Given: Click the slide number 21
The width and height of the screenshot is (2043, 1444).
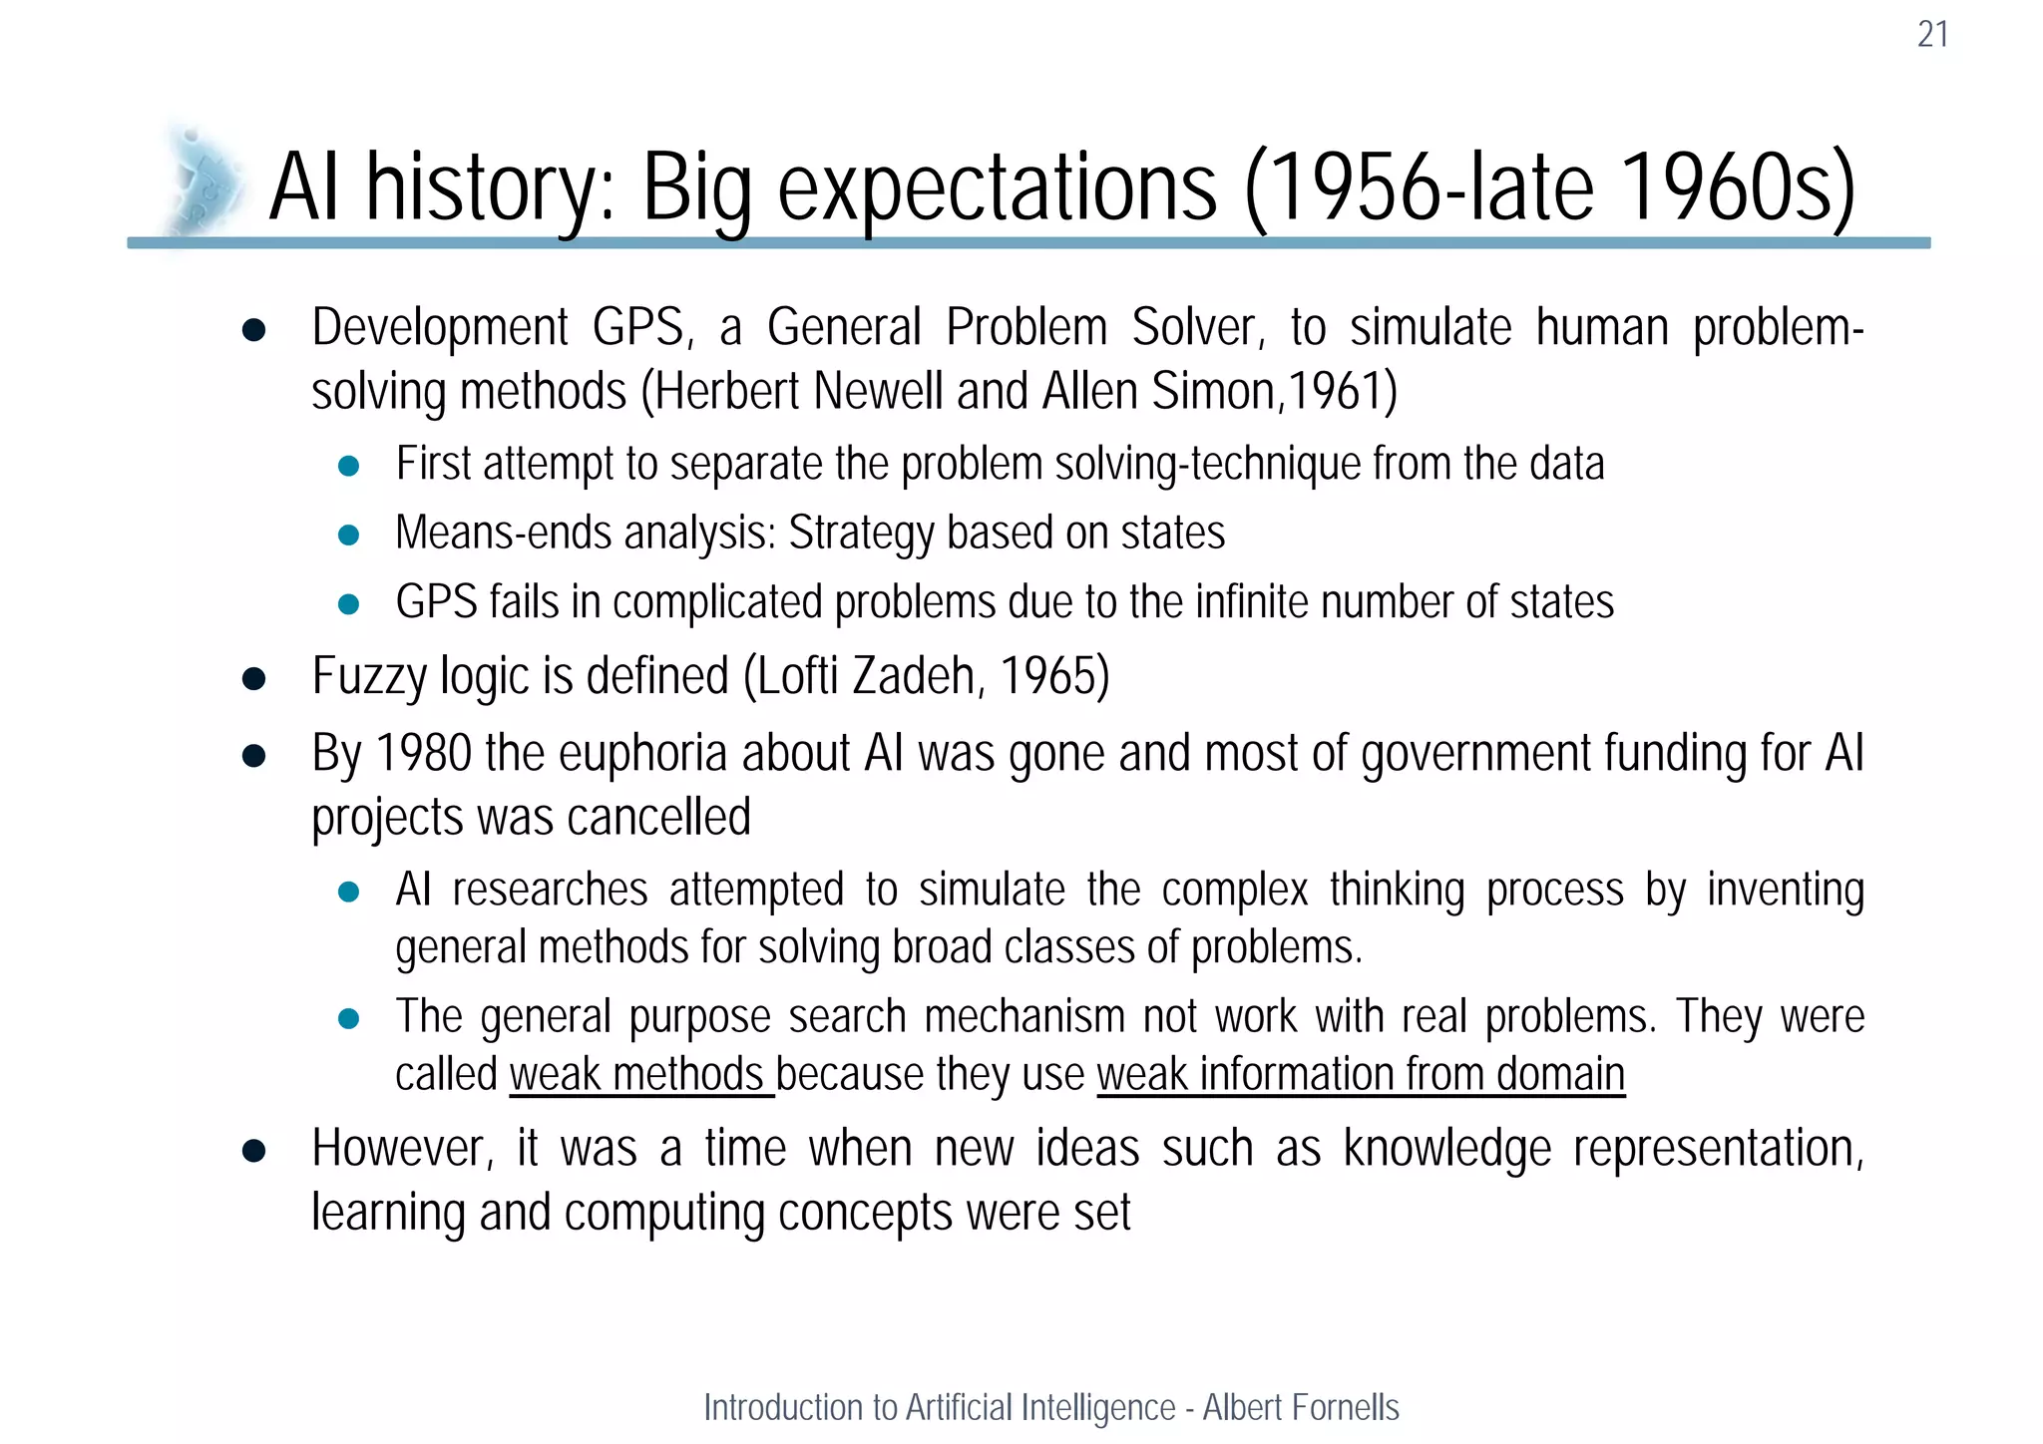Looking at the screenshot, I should [1932, 35].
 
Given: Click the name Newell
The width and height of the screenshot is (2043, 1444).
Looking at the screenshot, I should [878, 391].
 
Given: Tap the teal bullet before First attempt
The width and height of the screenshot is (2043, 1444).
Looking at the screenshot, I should [348, 466].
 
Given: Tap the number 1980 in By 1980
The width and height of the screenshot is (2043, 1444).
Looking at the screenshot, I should [424, 753].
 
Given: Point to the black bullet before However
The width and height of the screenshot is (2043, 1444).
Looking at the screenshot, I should [253, 1151].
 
